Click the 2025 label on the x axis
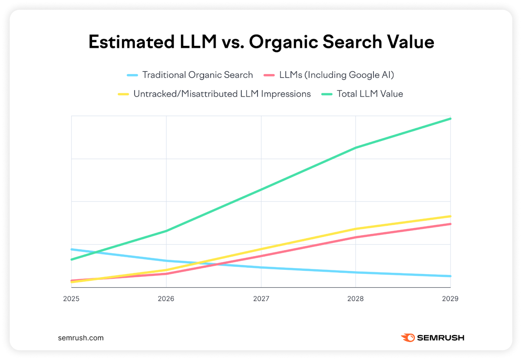[x=71, y=299]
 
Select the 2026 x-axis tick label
[x=166, y=299]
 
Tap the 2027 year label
[x=261, y=299]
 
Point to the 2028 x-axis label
[x=355, y=299]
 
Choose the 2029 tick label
[x=450, y=299]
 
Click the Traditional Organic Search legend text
[x=198, y=75]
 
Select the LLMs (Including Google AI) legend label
[x=336, y=75]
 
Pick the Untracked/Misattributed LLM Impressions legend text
[x=222, y=94]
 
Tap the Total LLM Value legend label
[x=370, y=94]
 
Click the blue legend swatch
[x=132, y=75]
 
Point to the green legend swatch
[x=327, y=94]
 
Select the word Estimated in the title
[x=132, y=42]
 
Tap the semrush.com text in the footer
[x=81, y=338]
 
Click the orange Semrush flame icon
[x=408, y=338]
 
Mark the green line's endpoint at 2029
[x=450, y=119]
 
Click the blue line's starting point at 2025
[x=72, y=249]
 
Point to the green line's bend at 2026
[x=166, y=231]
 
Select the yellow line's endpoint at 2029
[x=450, y=216]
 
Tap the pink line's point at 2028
[x=356, y=237]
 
